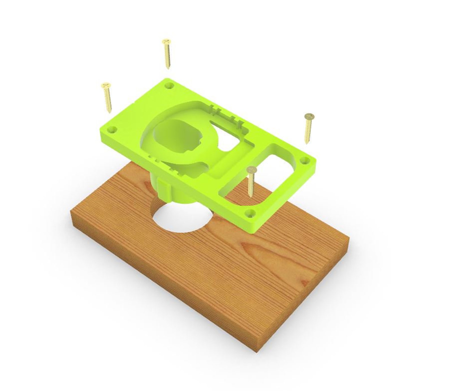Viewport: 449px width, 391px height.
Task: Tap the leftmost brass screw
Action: (x=107, y=97)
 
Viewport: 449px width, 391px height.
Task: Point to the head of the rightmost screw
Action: (x=309, y=116)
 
